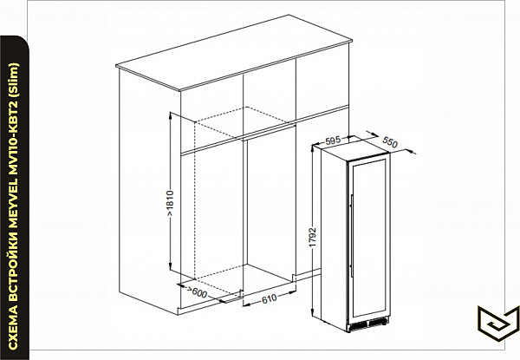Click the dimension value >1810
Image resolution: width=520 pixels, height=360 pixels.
pos(170,203)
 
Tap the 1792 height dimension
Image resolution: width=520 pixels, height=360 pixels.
pos(313,237)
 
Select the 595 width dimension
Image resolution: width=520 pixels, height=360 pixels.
pos(332,141)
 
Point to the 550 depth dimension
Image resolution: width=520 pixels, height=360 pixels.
pos(390,142)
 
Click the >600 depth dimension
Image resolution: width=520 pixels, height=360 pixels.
pos(198,292)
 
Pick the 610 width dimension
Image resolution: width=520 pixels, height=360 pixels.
pos(269,299)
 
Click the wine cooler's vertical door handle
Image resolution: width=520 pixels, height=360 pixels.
pos(351,236)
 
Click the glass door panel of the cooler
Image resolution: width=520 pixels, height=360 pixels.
pos(369,238)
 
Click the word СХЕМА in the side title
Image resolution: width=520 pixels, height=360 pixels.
pos(13,328)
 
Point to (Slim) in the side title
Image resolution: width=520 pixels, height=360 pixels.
pos(13,79)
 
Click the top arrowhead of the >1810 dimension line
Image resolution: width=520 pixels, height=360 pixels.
pos(170,115)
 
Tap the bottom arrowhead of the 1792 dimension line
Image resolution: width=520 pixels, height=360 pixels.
pos(312,311)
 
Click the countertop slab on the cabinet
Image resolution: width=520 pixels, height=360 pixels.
pos(234,52)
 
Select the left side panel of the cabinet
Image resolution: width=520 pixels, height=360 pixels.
pos(150,190)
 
